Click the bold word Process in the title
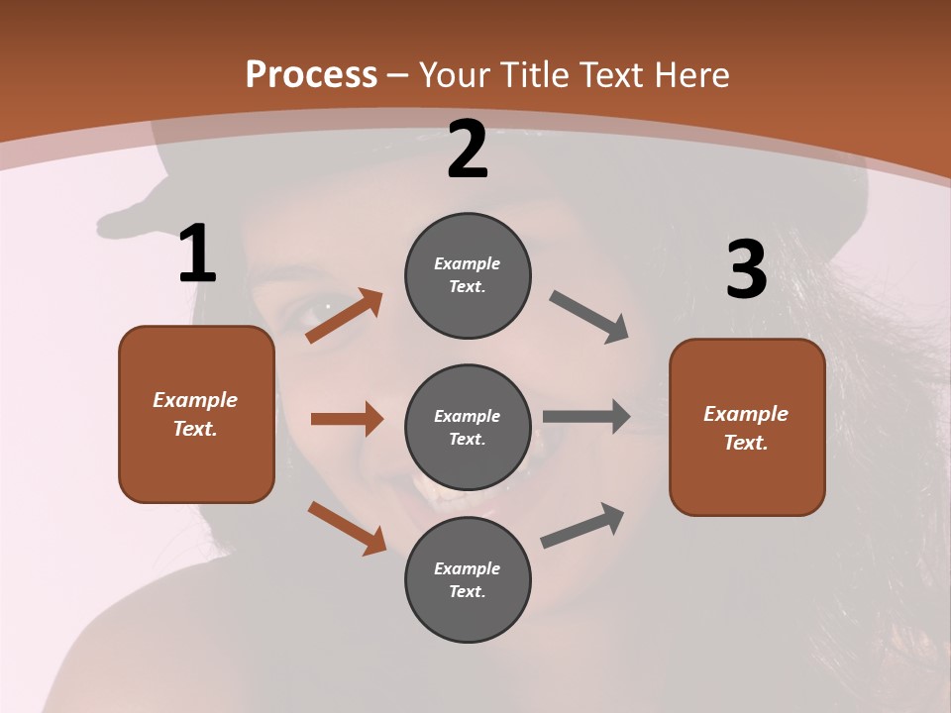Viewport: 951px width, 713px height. [311, 75]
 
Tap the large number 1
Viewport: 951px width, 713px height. [197, 254]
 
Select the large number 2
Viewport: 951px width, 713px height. [468, 150]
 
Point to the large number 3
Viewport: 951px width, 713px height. [746, 270]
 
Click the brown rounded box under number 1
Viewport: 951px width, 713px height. [196, 414]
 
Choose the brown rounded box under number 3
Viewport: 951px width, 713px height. [747, 427]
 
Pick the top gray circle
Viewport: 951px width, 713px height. [468, 275]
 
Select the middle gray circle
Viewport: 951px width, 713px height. [468, 427]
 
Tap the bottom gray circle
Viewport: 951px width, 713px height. [468, 579]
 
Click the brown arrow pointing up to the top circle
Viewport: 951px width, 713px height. [345, 315]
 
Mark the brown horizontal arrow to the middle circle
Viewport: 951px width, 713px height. [347, 419]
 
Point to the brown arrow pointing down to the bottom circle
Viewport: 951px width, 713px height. [347, 527]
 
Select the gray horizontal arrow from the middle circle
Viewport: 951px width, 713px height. [586, 417]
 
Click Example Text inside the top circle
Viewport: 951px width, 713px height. [468, 275]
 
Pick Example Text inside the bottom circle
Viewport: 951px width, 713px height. [468, 579]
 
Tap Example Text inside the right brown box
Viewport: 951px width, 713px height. [747, 428]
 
